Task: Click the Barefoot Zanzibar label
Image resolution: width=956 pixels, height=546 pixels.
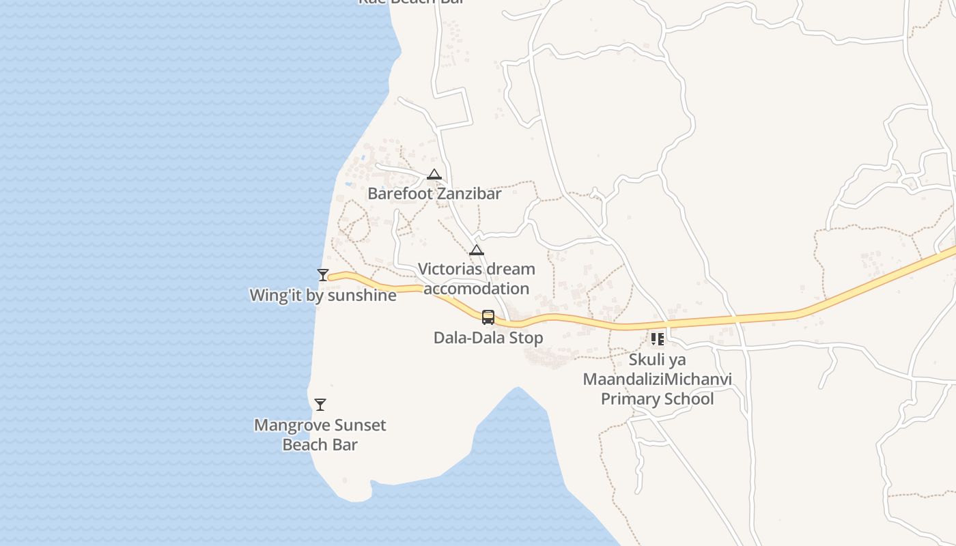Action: [x=434, y=194]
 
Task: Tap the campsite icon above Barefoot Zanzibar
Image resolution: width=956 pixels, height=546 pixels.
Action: [x=434, y=175]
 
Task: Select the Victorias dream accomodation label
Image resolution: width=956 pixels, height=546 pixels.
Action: [x=477, y=278]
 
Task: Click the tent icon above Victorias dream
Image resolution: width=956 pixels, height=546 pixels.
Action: [x=477, y=250]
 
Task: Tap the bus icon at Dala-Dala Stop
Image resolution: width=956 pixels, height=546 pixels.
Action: [x=488, y=317]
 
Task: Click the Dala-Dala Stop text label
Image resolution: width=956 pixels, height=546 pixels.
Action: [x=488, y=338]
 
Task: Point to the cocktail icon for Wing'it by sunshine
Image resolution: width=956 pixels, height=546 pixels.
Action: [x=323, y=275]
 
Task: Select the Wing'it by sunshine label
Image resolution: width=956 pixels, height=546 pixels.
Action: [x=323, y=296]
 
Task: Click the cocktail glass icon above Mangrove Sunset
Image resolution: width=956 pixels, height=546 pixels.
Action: [x=320, y=405]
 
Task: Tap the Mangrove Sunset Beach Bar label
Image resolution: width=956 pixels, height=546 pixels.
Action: [x=320, y=435]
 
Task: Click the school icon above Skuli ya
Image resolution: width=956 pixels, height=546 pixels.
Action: [x=658, y=339]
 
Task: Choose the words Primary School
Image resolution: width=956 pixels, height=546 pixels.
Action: [x=658, y=399]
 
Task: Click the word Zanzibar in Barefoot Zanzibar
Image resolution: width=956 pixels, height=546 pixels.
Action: [x=469, y=194]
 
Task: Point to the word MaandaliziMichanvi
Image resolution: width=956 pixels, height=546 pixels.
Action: [x=658, y=379]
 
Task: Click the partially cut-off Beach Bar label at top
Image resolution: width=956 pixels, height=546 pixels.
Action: [x=411, y=2]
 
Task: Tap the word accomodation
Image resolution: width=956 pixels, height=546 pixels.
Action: [x=477, y=289]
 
